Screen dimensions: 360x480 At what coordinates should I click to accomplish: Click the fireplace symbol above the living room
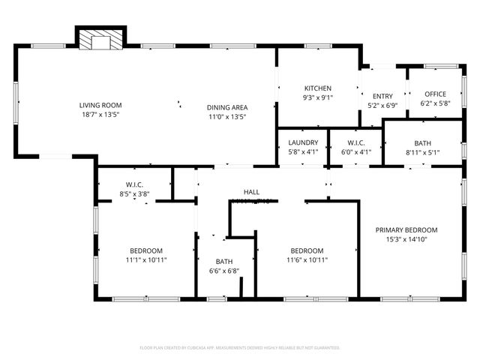[100, 40]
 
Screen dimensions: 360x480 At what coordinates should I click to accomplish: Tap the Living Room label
[101, 106]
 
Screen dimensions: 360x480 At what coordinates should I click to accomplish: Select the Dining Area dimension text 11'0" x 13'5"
[226, 116]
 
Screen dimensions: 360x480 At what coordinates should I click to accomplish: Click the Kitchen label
[317, 88]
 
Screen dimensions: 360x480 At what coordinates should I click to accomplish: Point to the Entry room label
[382, 96]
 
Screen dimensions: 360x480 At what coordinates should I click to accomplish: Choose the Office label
[435, 94]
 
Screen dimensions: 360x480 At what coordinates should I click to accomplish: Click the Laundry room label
[303, 142]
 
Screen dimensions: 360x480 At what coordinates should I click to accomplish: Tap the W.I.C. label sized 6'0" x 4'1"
[356, 142]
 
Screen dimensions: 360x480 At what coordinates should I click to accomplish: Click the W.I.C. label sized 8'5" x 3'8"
[135, 184]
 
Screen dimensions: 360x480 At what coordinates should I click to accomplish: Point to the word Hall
[251, 192]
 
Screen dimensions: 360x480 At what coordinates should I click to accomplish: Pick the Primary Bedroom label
[412, 230]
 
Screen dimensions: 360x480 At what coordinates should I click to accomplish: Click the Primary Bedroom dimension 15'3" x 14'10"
[412, 240]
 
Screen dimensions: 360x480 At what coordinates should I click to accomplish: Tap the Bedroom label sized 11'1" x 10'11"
[146, 250]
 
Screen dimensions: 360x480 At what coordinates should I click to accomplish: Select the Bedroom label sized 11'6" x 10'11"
[307, 250]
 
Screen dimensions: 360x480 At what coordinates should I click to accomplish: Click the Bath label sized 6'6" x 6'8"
[224, 262]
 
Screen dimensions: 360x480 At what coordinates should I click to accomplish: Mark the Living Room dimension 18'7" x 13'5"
[101, 115]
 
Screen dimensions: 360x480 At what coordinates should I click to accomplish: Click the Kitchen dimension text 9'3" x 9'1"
[317, 97]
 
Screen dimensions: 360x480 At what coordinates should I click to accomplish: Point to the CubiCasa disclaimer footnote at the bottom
[240, 348]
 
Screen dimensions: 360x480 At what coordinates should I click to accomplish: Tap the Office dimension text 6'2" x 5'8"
[435, 103]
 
